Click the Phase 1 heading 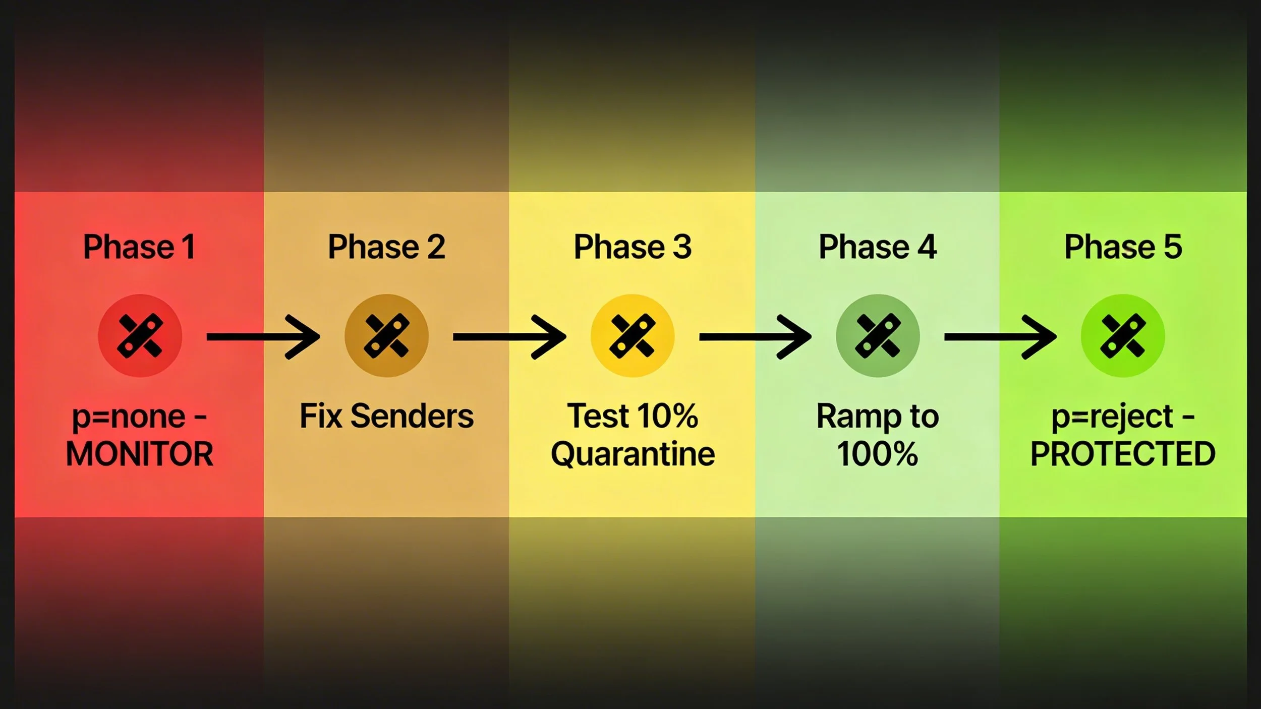pos(139,247)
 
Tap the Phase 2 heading pos(386,247)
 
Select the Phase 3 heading pos(633,247)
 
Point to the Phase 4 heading pos(878,247)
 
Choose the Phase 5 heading pos(1123,247)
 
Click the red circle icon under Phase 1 pos(140,336)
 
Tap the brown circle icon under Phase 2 pos(386,336)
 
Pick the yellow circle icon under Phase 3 pos(633,336)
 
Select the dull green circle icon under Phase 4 pos(878,336)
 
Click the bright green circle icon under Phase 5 pos(1123,336)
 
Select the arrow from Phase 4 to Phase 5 pos(1000,337)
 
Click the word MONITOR pos(140,454)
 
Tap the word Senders pos(412,417)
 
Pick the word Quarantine pos(633,454)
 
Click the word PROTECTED pos(1123,454)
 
